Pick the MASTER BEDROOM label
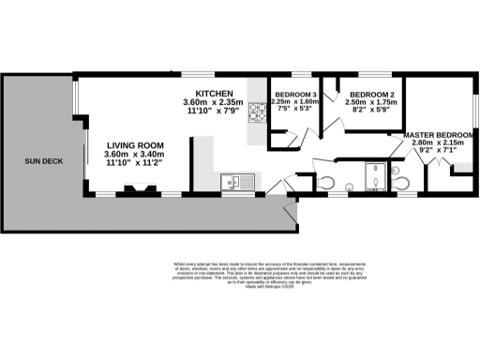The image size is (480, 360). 440,136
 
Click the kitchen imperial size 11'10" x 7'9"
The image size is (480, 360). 212,112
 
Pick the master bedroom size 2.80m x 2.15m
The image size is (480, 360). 440,145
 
